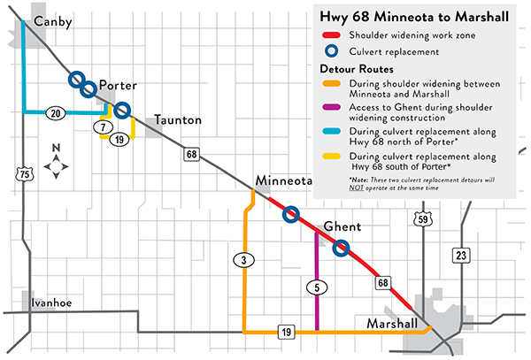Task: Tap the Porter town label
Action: (117, 85)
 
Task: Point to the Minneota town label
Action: (285, 182)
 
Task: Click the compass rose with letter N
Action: (56, 165)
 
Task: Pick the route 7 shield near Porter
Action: (103, 126)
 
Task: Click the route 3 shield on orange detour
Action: (243, 260)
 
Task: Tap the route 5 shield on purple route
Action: (316, 287)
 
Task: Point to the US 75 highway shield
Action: (20, 175)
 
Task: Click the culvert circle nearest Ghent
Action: (342, 249)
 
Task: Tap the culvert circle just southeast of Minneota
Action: (289, 214)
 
